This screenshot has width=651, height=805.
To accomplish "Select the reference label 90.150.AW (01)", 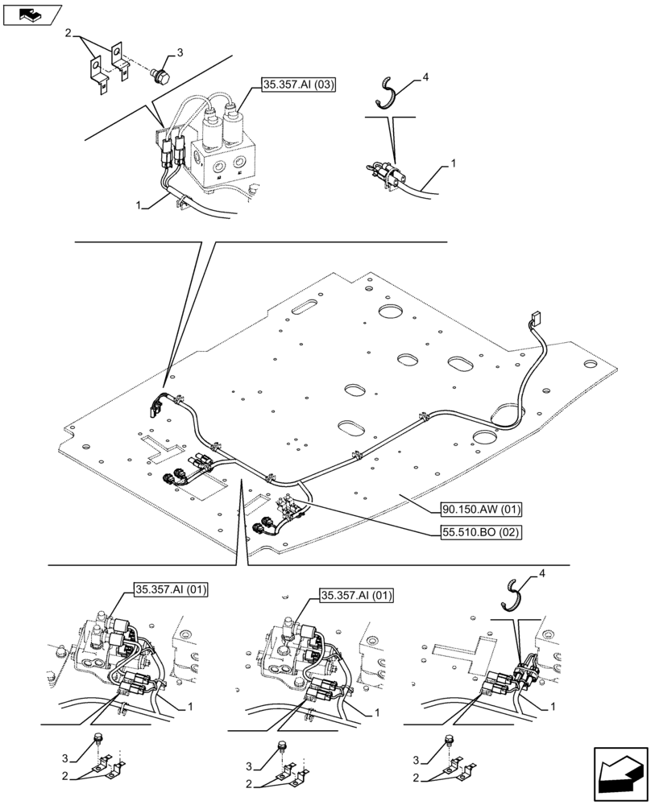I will pos(482,509).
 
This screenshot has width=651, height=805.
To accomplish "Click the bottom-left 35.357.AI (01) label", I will pos(168,590).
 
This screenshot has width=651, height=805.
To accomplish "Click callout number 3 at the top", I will pos(179,52).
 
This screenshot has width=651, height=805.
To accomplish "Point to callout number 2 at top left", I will pos(68,35).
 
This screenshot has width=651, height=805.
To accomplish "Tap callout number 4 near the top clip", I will pos(425,76).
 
